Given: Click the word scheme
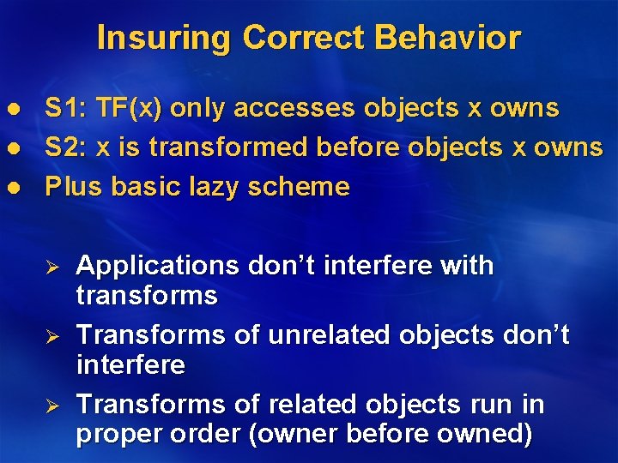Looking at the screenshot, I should click(301, 187).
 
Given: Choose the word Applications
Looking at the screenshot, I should click(158, 266).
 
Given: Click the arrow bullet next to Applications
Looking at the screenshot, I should click(51, 267).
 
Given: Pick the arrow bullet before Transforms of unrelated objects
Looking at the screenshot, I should click(51, 335).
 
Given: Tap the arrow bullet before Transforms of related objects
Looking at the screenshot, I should click(51, 404).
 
